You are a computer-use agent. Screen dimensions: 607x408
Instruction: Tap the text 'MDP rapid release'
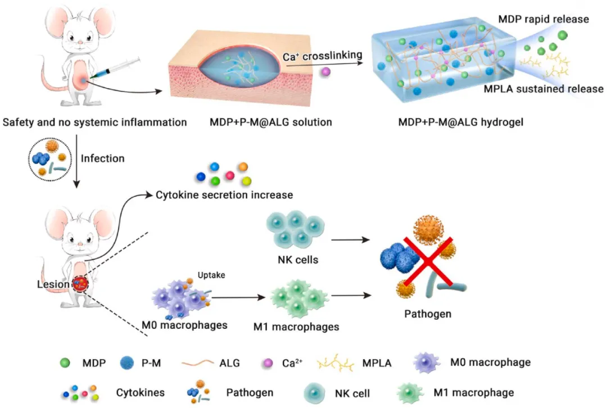(x=543, y=19)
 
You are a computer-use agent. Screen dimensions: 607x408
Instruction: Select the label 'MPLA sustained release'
(x=543, y=89)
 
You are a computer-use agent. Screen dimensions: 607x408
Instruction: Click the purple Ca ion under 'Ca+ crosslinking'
(x=325, y=71)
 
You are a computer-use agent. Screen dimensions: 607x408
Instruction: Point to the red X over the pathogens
(x=428, y=261)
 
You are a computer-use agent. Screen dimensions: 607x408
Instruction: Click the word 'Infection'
(x=103, y=158)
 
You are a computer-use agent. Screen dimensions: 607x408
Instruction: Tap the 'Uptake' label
(x=211, y=275)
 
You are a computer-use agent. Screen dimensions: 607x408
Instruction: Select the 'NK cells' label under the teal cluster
(x=298, y=260)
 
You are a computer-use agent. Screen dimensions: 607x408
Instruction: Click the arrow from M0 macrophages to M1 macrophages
(x=238, y=298)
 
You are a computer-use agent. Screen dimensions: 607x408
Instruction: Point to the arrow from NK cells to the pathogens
(x=351, y=239)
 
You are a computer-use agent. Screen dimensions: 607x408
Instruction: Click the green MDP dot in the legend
(x=65, y=362)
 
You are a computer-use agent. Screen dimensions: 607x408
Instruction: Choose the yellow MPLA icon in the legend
(x=335, y=363)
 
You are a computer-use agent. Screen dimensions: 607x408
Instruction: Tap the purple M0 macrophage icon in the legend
(x=426, y=362)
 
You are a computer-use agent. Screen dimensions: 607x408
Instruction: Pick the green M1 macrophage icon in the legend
(x=410, y=393)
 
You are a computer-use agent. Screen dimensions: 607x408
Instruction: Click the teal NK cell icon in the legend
(x=314, y=393)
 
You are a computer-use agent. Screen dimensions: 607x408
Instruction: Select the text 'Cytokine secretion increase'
(x=224, y=194)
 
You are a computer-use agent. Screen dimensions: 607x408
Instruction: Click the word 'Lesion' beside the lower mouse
(x=53, y=284)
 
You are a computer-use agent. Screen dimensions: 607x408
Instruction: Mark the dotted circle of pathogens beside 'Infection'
(x=51, y=159)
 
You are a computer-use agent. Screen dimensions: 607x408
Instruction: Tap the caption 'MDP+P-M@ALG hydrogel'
(x=461, y=123)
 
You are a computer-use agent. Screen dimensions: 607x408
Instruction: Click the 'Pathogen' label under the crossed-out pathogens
(x=428, y=314)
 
